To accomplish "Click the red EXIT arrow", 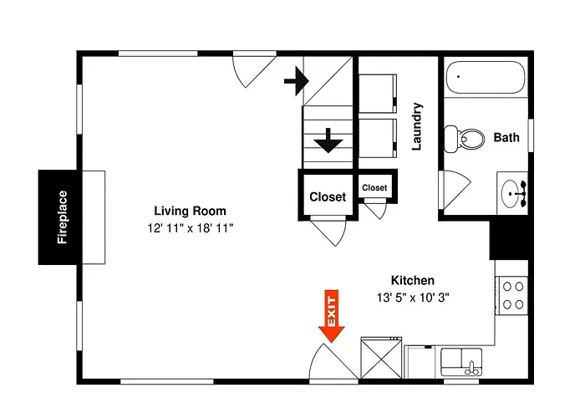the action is [x=331, y=316].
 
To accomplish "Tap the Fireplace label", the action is [x=62, y=217].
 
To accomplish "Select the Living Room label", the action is [x=190, y=211].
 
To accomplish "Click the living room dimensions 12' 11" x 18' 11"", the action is [x=190, y=228].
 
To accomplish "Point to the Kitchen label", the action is [x=413, y=280].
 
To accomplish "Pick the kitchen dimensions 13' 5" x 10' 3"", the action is [x=413, y=298].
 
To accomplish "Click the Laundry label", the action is [x=417, y=126].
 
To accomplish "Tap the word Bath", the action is [x=506, y=137].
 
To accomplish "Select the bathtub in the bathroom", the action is [x=486, y=77].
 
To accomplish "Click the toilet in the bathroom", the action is [x=464, y=139].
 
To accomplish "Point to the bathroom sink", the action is [x=512, y=193].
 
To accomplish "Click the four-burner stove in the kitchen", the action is [x=511, y=296].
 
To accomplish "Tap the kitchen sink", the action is [x=461, y=362].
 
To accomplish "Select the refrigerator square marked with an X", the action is [x=381, y=358].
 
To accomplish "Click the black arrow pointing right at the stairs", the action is [x=297, y=81].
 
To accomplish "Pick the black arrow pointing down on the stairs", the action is [x=328, y=140].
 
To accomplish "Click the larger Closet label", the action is [x=328, y=196].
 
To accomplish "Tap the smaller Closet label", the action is [x=374, y=188].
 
